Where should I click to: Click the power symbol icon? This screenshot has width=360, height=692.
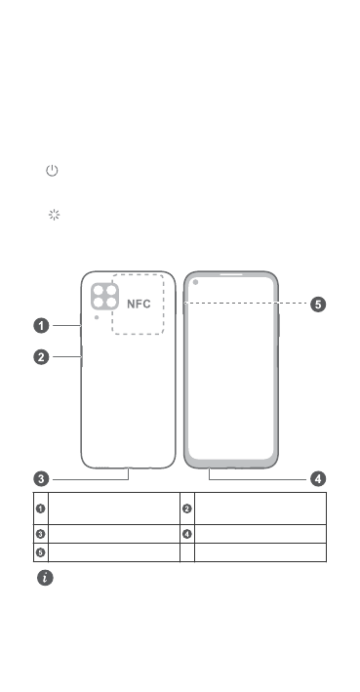(x=52, y=171)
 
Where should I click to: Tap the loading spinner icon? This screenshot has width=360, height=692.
(x=54, y=215)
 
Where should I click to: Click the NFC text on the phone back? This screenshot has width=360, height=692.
(x=139, y=305)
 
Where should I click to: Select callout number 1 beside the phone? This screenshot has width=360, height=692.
(x=42, y=326)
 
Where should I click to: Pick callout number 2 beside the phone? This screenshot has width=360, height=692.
(x=42, y=356)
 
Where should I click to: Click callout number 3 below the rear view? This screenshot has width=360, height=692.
(x=42, y=479)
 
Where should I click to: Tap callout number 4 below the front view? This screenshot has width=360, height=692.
(x=318, y=479)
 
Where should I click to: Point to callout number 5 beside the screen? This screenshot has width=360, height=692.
(x=318, y=305)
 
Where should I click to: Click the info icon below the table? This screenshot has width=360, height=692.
(x=45, y=578)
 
